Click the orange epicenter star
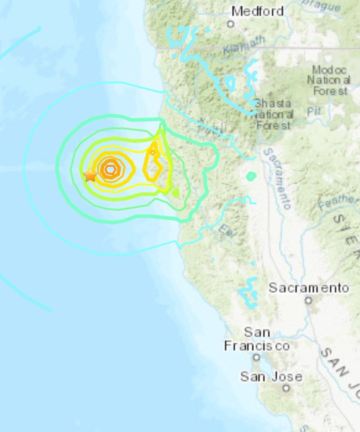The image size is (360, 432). coord(90,175)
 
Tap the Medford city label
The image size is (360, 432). coord(257,11)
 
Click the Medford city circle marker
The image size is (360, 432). coord(231,24)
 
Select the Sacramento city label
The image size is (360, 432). coord(309,288)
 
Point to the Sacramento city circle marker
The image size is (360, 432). coord(308,300)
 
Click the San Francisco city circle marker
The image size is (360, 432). coord(256,357)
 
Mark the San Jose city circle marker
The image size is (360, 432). coord(286,388)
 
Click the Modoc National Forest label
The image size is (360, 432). coord(329,80)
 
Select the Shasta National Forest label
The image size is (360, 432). coord(272,114)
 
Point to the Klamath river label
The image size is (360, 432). coord(244,45)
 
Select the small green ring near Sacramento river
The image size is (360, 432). coord(251,176)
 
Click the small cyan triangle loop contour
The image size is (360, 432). coord(230,83)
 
